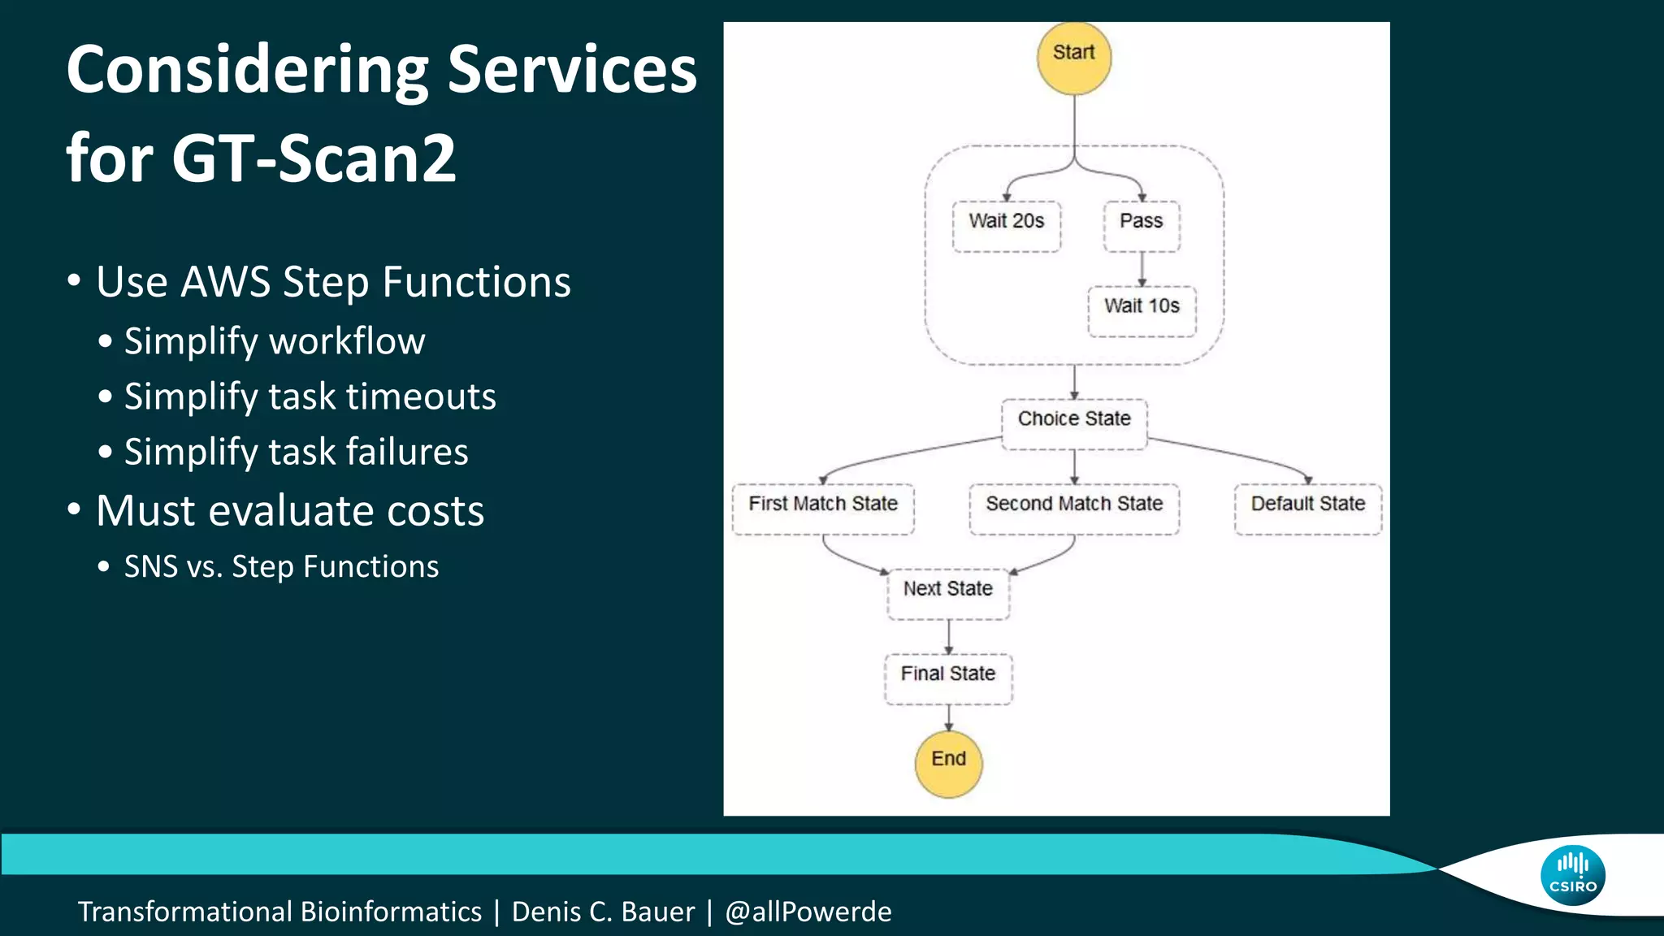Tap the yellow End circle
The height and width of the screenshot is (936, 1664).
pyautogui.click(x=948, y=763)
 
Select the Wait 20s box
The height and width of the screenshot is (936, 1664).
pyautogui.click(x=1006, y=226)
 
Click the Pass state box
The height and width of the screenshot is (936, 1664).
pyautogui.click(x=1141, y=226)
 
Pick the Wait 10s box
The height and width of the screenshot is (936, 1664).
pyautogui.click(x=1142, y=310)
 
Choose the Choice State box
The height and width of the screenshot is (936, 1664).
pyautogui.click(x=1074, y=423)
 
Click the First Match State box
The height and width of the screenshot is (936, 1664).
pyautogui.click(x=823, y=509)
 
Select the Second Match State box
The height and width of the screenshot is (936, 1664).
pyautogui.click(x=1074, y=509)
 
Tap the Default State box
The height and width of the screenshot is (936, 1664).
pyautogui.click(x=1307, y=509)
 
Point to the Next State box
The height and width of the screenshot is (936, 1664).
pyautogui.click(x=948, y=593)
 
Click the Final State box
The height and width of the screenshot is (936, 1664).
pyautogui.click(x=948, y=678)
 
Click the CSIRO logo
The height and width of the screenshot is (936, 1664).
pyautogui.click(x=1572, y=875)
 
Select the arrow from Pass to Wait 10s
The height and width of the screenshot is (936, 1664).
pyautogui.click(x=1142, y=269)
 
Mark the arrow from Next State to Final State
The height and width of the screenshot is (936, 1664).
pyautogui.click(x=948, y=637)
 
